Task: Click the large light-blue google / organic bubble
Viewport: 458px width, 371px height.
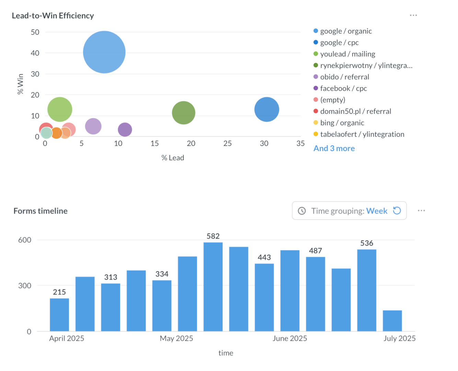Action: (104, 52)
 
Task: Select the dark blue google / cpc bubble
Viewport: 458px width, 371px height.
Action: (266, 110)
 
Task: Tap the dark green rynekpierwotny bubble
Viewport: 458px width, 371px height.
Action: (183, 113)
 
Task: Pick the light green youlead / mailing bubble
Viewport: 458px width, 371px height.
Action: (60, 110)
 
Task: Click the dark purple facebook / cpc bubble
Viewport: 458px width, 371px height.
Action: (125, 130)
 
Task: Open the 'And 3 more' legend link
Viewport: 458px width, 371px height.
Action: (334, 148)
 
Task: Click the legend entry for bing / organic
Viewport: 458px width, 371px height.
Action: (342, 123)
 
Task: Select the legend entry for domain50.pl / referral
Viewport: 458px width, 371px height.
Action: (355, 111)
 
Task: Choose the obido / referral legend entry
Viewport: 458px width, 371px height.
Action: (344, 77)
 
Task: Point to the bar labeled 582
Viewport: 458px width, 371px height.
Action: (213, 286)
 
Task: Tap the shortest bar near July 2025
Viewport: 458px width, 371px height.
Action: (392, 321)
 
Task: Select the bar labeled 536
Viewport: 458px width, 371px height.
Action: (367, 290)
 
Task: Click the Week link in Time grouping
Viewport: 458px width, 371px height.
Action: (377, 211)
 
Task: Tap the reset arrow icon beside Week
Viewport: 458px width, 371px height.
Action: (397, 211)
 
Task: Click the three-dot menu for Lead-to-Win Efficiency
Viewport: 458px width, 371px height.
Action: (413, 15)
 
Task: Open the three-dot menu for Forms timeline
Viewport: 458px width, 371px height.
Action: (421, 211)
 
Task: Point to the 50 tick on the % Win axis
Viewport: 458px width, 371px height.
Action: (35, 32)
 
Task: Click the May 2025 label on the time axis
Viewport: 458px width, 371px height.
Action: (176, 338)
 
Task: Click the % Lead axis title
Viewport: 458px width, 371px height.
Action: (173, 158)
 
